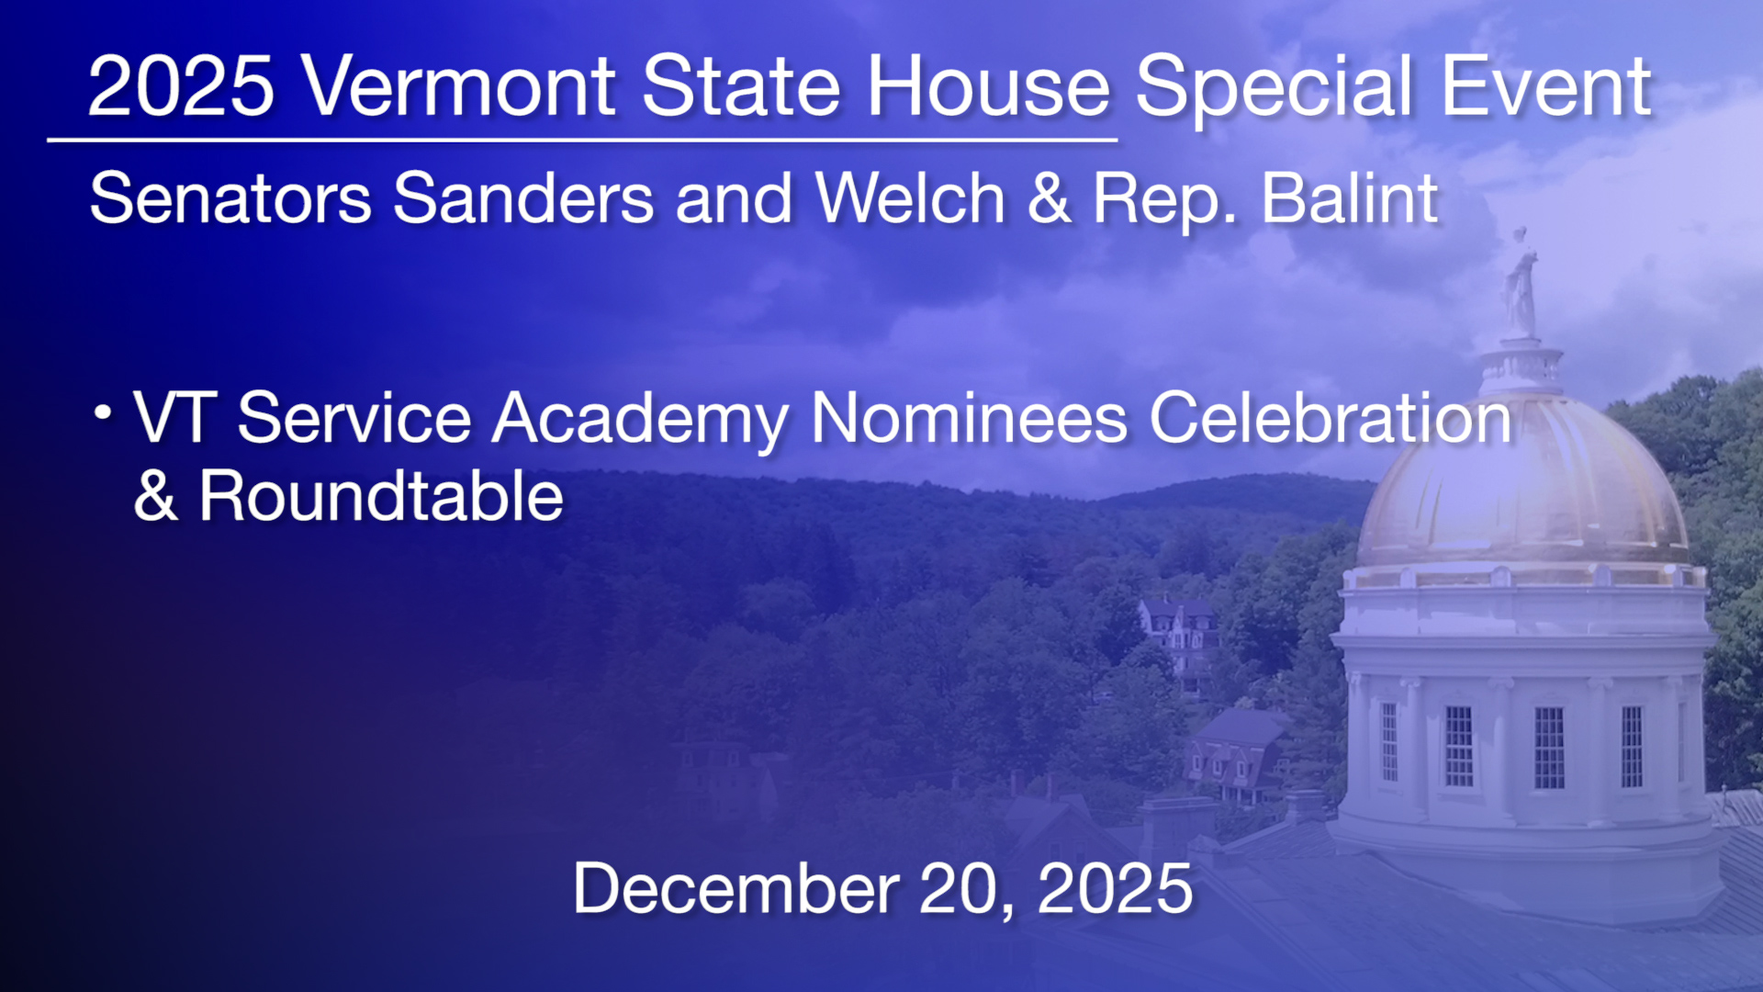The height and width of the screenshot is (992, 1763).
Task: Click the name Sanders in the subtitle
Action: pos(523,198)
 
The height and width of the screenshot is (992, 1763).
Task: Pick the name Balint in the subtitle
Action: pos(1350,198)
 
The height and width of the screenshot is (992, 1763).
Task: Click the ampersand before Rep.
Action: pos(1050,198)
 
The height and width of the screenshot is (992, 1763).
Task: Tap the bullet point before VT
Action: pos(103,412)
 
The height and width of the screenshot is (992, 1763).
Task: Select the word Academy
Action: pos(640,420)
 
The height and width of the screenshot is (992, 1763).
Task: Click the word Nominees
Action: pos(969,419)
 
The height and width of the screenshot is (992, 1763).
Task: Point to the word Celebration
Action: pos(1331,419)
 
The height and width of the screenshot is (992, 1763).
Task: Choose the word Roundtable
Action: pos(381,497)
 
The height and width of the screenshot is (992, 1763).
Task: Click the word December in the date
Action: pos(736,888)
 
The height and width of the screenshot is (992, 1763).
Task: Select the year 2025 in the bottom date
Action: pos(1115,888)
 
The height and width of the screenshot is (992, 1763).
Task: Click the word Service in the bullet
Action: pos(354,419)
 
